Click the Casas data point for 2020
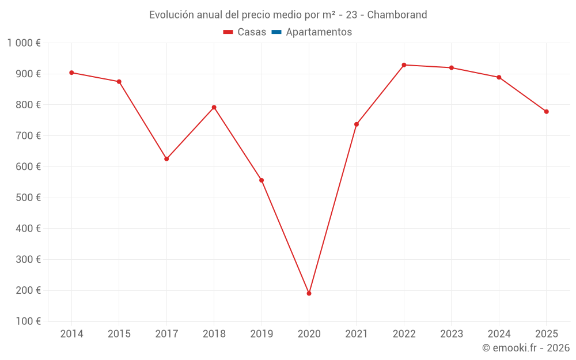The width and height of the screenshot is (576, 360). [x=309, y=293]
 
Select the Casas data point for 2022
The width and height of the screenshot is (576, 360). [x=404, y=65]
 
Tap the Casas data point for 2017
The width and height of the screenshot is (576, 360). [x=166, y=159]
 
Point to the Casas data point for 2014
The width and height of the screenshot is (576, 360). [x=71, y=73]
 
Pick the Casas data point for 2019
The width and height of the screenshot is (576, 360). [x=262, y=180]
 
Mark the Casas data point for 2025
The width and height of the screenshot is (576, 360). [x=546, y=112]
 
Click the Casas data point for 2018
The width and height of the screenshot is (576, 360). [x=214, y=107]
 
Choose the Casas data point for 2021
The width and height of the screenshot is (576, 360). [x=357, y=124]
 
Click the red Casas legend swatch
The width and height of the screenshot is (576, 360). [x=228, y=32]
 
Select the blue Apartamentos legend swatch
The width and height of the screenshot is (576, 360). [x=276, y=32]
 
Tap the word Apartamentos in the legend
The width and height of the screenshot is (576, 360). [x=319, y=32]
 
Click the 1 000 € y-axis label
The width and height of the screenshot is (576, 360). [x=24, y=43]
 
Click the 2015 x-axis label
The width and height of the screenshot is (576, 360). [x=119, y=334]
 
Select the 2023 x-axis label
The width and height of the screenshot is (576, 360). [x=452, y=334]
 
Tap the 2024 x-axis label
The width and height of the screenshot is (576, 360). [x=499, y=334]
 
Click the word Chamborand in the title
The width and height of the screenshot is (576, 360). [x=397, y=15]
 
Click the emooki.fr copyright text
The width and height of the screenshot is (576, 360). [x=525, y=348]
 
